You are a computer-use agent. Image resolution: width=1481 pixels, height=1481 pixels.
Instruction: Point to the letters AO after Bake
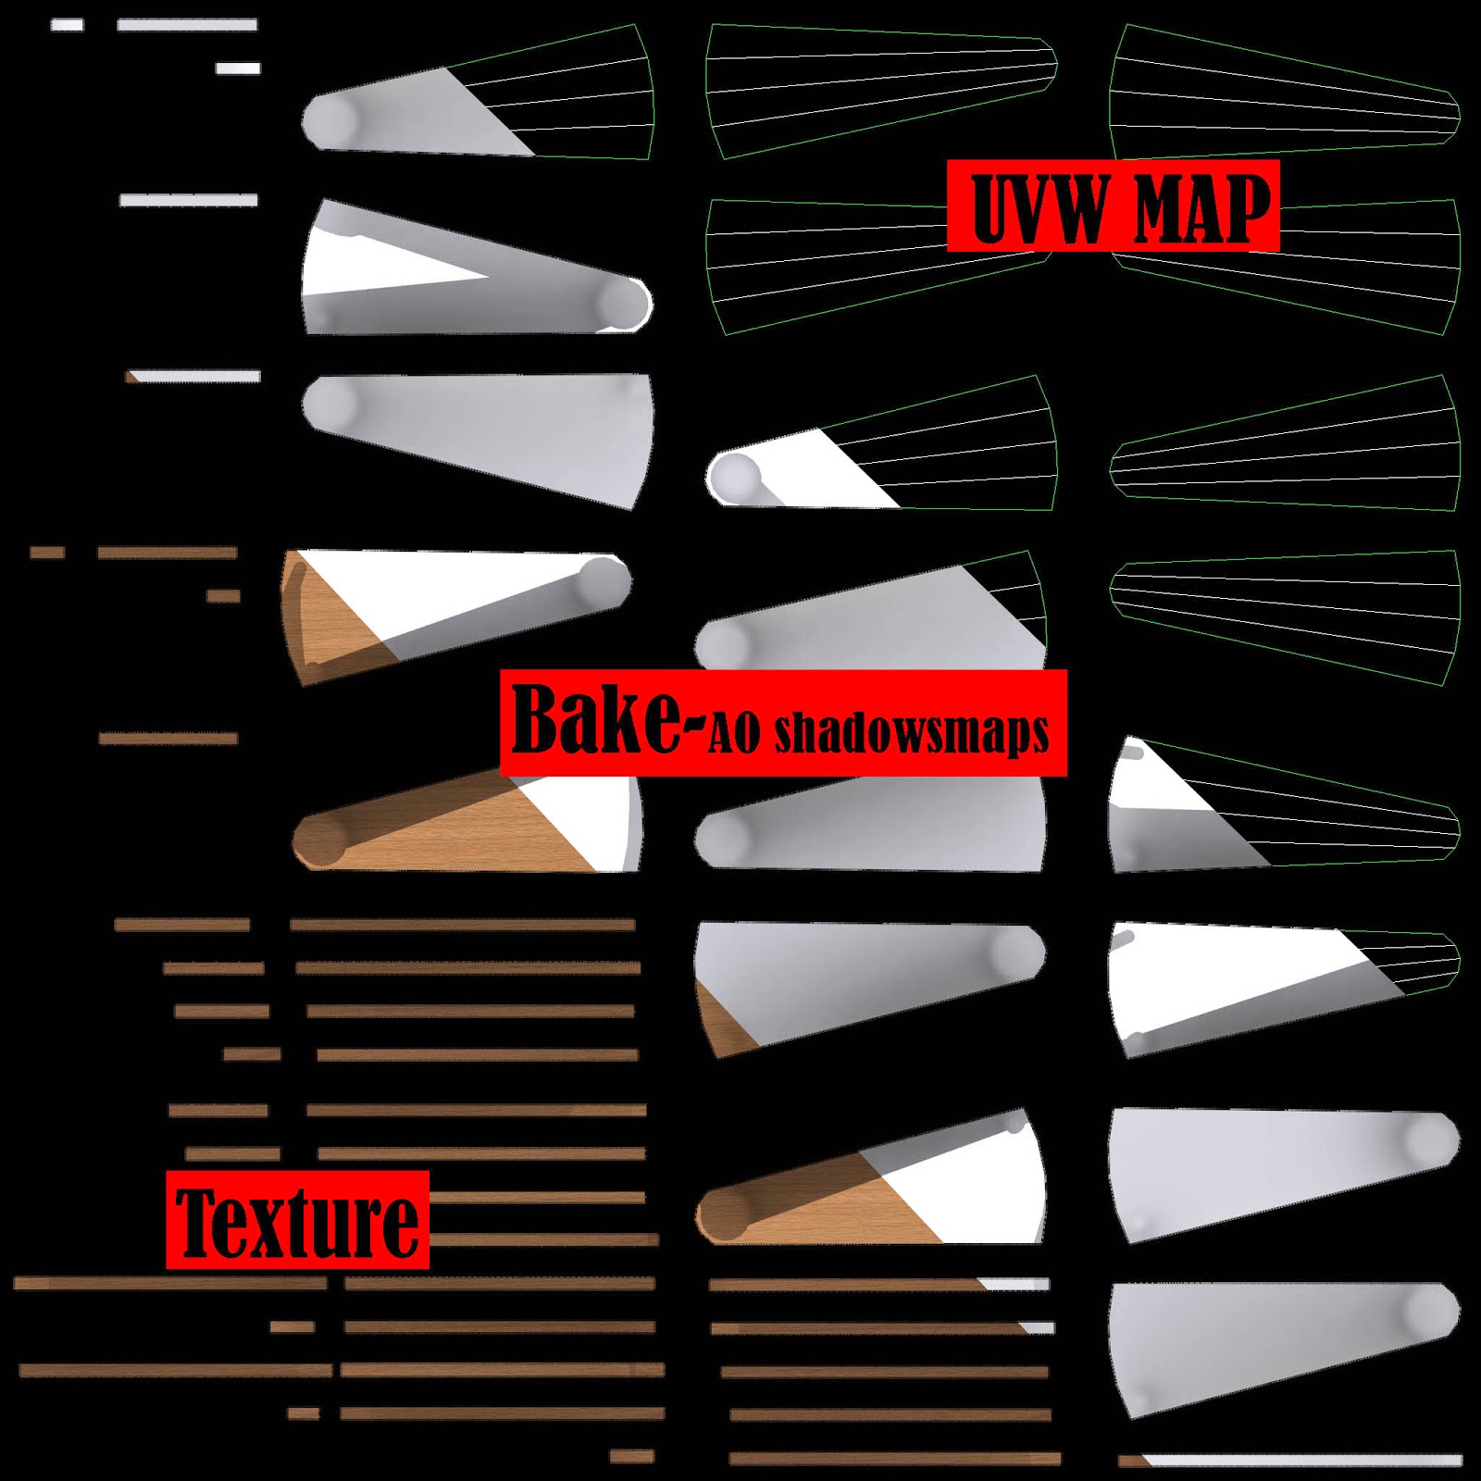735,733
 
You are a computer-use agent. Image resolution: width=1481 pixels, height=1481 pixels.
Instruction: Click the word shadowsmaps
912,733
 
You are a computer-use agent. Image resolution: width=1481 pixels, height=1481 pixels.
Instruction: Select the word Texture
297,1221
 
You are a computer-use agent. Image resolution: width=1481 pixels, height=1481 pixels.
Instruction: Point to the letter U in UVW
992,207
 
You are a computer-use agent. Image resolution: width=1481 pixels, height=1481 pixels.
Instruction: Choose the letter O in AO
748,733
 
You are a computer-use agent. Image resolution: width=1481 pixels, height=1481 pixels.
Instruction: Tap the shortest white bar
67,25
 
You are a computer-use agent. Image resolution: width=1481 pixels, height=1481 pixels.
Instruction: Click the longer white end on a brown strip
1016,1284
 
